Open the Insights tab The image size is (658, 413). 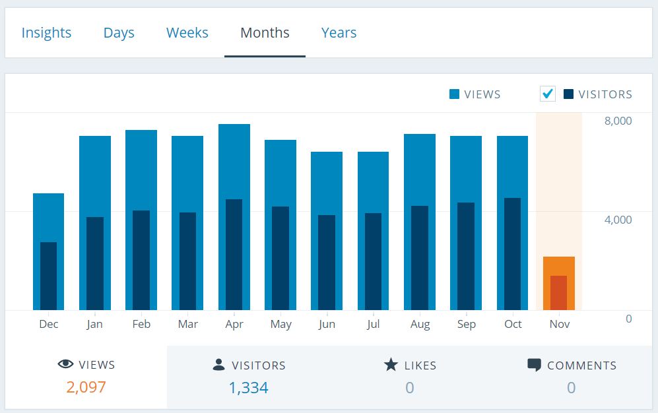46,33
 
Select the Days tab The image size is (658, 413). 119,33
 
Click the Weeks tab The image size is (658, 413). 187,33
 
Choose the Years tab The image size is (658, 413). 339,33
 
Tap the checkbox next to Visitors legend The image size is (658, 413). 548,94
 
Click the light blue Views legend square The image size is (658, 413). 454,94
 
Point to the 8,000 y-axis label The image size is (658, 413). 618,121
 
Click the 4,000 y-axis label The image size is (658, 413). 618,220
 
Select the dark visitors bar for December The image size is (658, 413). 49,276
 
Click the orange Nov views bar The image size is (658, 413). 559,266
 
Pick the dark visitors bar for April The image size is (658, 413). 234,255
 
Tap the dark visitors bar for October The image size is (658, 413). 512,254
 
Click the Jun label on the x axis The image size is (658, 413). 327,324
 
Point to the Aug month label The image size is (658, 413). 420,325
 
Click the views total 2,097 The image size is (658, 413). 86,387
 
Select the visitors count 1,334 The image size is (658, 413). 248,388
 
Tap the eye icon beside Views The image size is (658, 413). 65,364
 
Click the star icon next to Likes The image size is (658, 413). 391,365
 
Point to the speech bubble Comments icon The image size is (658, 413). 534,365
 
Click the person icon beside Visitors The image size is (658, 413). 218,364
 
